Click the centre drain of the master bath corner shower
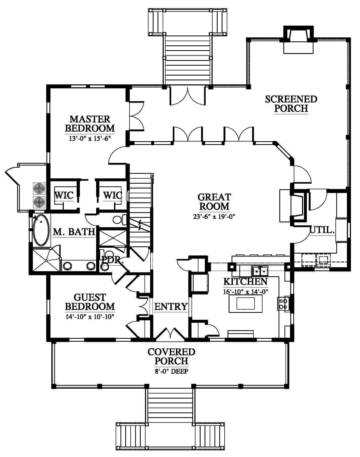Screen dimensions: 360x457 click(46, 260)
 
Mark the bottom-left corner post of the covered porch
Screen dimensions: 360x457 click(54, 386)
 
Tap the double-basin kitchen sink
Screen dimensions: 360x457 click(260, 271)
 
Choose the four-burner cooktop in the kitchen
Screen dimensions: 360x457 click(283, 304)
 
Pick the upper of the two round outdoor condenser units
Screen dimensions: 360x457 click(39, 188)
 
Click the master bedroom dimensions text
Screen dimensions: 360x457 click(90, 139)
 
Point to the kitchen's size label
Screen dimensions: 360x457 click(245, 292)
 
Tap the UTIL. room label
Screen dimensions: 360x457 click(322, 230)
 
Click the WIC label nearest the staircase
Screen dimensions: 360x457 click(113, 195)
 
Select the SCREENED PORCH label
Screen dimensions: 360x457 click(291, 104)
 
